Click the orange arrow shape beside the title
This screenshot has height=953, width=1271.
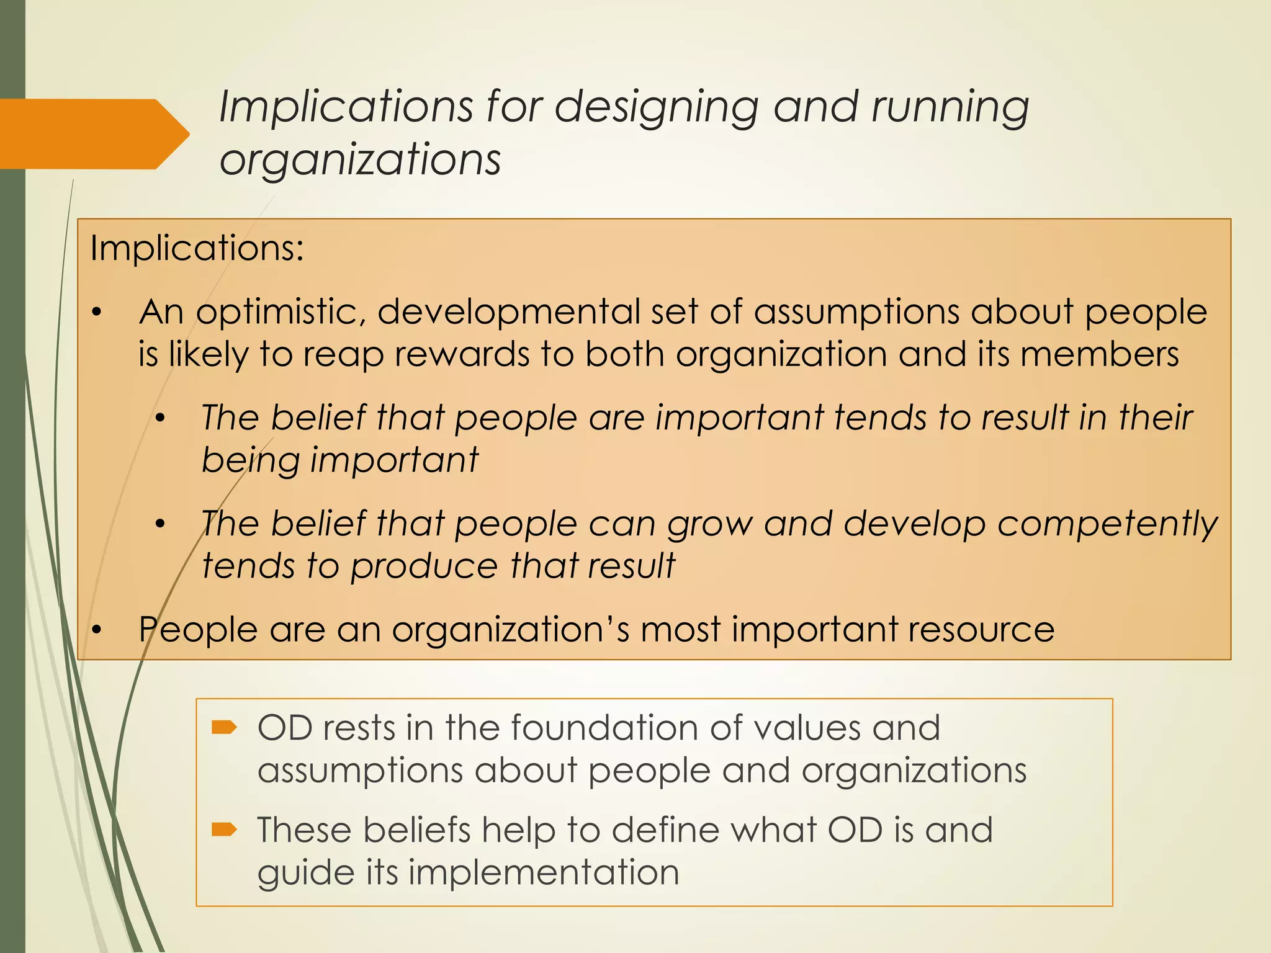pos(93,133)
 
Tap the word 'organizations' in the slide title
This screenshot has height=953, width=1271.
pos(360,160)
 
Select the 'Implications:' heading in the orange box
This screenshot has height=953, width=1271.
pos(197,248)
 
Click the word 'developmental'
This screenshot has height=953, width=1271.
pos(508,311)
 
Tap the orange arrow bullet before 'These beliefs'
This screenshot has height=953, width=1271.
pos(224,829)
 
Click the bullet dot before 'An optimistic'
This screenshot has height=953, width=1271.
pos(96,313)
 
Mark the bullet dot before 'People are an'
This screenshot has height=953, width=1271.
pos(96,630)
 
